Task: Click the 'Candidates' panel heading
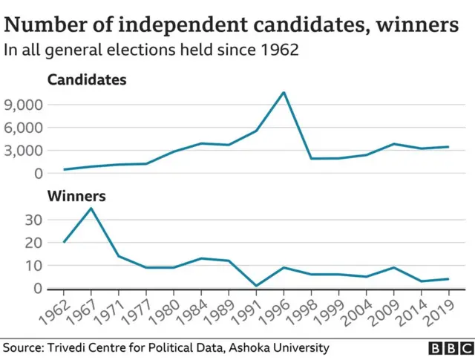click(x=86, y=79)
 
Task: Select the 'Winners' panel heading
click(x=76, y=197)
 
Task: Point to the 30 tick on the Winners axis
click(x=32, y=220)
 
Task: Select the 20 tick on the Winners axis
click(x=32, y=243)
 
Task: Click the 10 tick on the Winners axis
click(x=32, y=265)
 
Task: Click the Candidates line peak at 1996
click(x=284, y=93)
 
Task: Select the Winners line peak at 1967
click(x=91, y=208)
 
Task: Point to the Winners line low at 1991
click(x=256, y=286)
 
